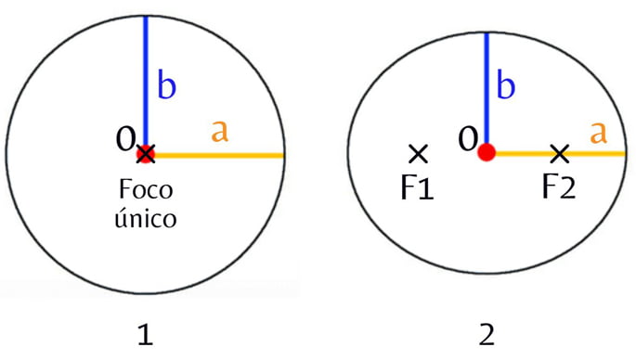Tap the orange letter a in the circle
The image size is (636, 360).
[219, 132]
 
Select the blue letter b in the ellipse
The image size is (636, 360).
[506, 85]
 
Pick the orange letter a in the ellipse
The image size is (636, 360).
[599, 134]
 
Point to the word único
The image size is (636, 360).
[145, 221]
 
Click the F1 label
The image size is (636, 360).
[417, 189]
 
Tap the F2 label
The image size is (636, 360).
[559, 189]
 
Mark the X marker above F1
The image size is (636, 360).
[417, 153]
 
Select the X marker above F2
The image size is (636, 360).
[559, 153]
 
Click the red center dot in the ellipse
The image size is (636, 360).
[486, 153]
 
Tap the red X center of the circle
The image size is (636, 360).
[145, 153]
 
